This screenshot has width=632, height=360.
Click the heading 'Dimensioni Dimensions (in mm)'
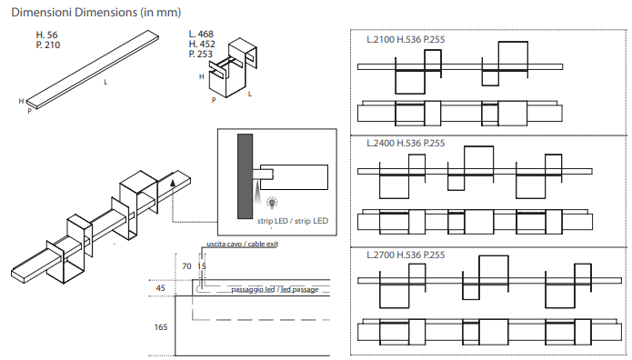coord(95,13)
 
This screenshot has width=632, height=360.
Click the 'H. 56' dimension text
coord(46,35)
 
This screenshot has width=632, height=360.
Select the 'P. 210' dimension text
coord(48,45)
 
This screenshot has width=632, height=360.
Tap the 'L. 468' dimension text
coord(201,35)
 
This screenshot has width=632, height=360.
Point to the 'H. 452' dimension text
coord(202,44)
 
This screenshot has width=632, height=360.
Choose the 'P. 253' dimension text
coord(201,54)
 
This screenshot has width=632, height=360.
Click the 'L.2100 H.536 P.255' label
coord(406,39)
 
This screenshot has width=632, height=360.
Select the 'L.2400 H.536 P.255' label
coord(406,143)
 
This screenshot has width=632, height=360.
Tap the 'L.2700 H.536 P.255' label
coord(406,255)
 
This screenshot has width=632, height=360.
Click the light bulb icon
coord(273,203)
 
